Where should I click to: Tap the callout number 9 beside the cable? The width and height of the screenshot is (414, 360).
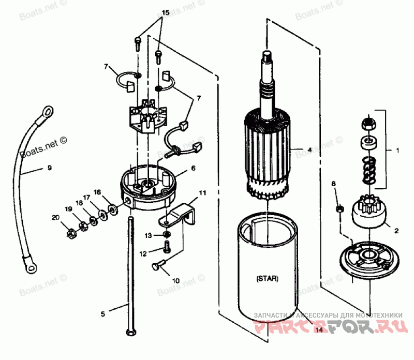[50, 168]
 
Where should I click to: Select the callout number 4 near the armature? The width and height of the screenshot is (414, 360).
[309, 149]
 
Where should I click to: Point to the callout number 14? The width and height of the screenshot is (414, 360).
[319, 329]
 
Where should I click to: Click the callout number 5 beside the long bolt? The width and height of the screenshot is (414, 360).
[102, 313]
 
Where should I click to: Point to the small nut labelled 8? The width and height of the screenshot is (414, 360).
[339, 209]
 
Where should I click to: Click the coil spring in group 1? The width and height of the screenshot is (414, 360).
[369, 171]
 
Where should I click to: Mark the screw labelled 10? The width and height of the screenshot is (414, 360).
[157, 266]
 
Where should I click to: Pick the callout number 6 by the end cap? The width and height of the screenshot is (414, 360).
[193, 168]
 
